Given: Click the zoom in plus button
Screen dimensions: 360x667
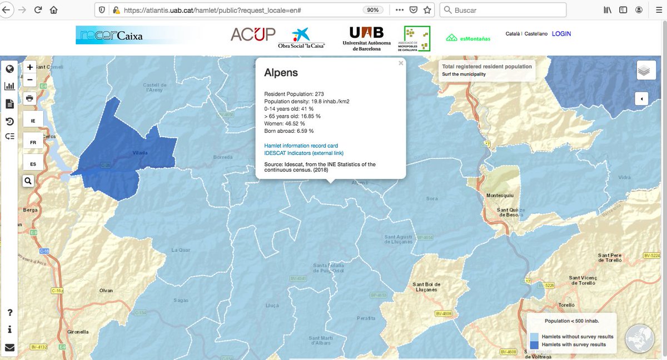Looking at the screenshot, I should (30, 67).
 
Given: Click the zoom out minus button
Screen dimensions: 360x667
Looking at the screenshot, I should (30, 80).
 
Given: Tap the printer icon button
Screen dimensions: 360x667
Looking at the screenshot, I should (30, 98).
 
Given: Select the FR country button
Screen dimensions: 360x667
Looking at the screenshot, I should (33, 142).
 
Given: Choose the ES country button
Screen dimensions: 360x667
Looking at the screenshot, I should (33, 164).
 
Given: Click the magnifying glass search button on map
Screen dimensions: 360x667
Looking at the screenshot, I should (28, 181).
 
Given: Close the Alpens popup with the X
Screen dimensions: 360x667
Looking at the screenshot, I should (401, 63).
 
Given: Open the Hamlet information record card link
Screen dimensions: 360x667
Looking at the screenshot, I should (301, 146).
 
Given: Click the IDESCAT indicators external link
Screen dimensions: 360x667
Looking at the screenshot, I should (304, 153).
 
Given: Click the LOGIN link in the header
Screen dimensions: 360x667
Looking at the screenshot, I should (561, 34).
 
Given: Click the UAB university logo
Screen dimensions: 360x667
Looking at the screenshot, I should (367, 38).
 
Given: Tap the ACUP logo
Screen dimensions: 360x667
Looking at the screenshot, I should (253, 34).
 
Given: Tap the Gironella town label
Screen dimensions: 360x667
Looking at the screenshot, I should (78, 332).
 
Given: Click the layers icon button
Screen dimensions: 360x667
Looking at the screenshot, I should (644, 71).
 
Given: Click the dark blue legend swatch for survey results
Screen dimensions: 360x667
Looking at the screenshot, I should (534, 344).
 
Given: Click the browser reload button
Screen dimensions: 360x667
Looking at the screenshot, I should (38, 10).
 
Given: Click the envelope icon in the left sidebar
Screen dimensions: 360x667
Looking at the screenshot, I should (9, 348).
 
